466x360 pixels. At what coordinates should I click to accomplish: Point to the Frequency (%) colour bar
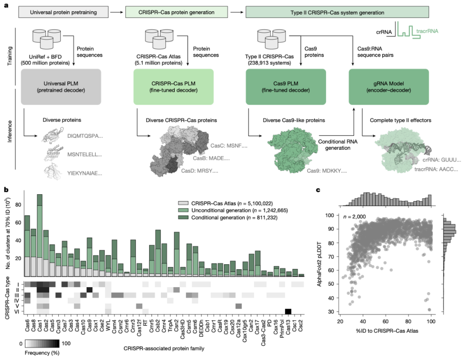pyautogui.click(x=42, y=344)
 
